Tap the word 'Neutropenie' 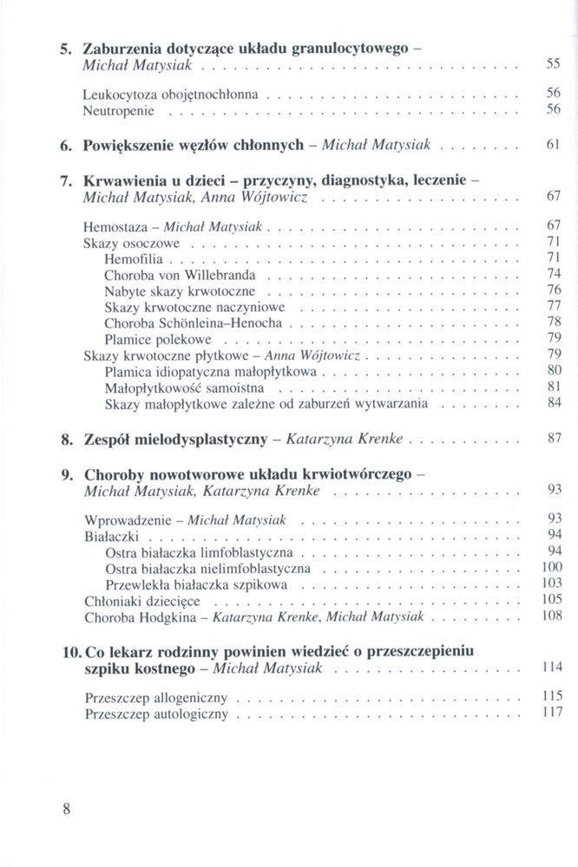118,110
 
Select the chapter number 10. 70,649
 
